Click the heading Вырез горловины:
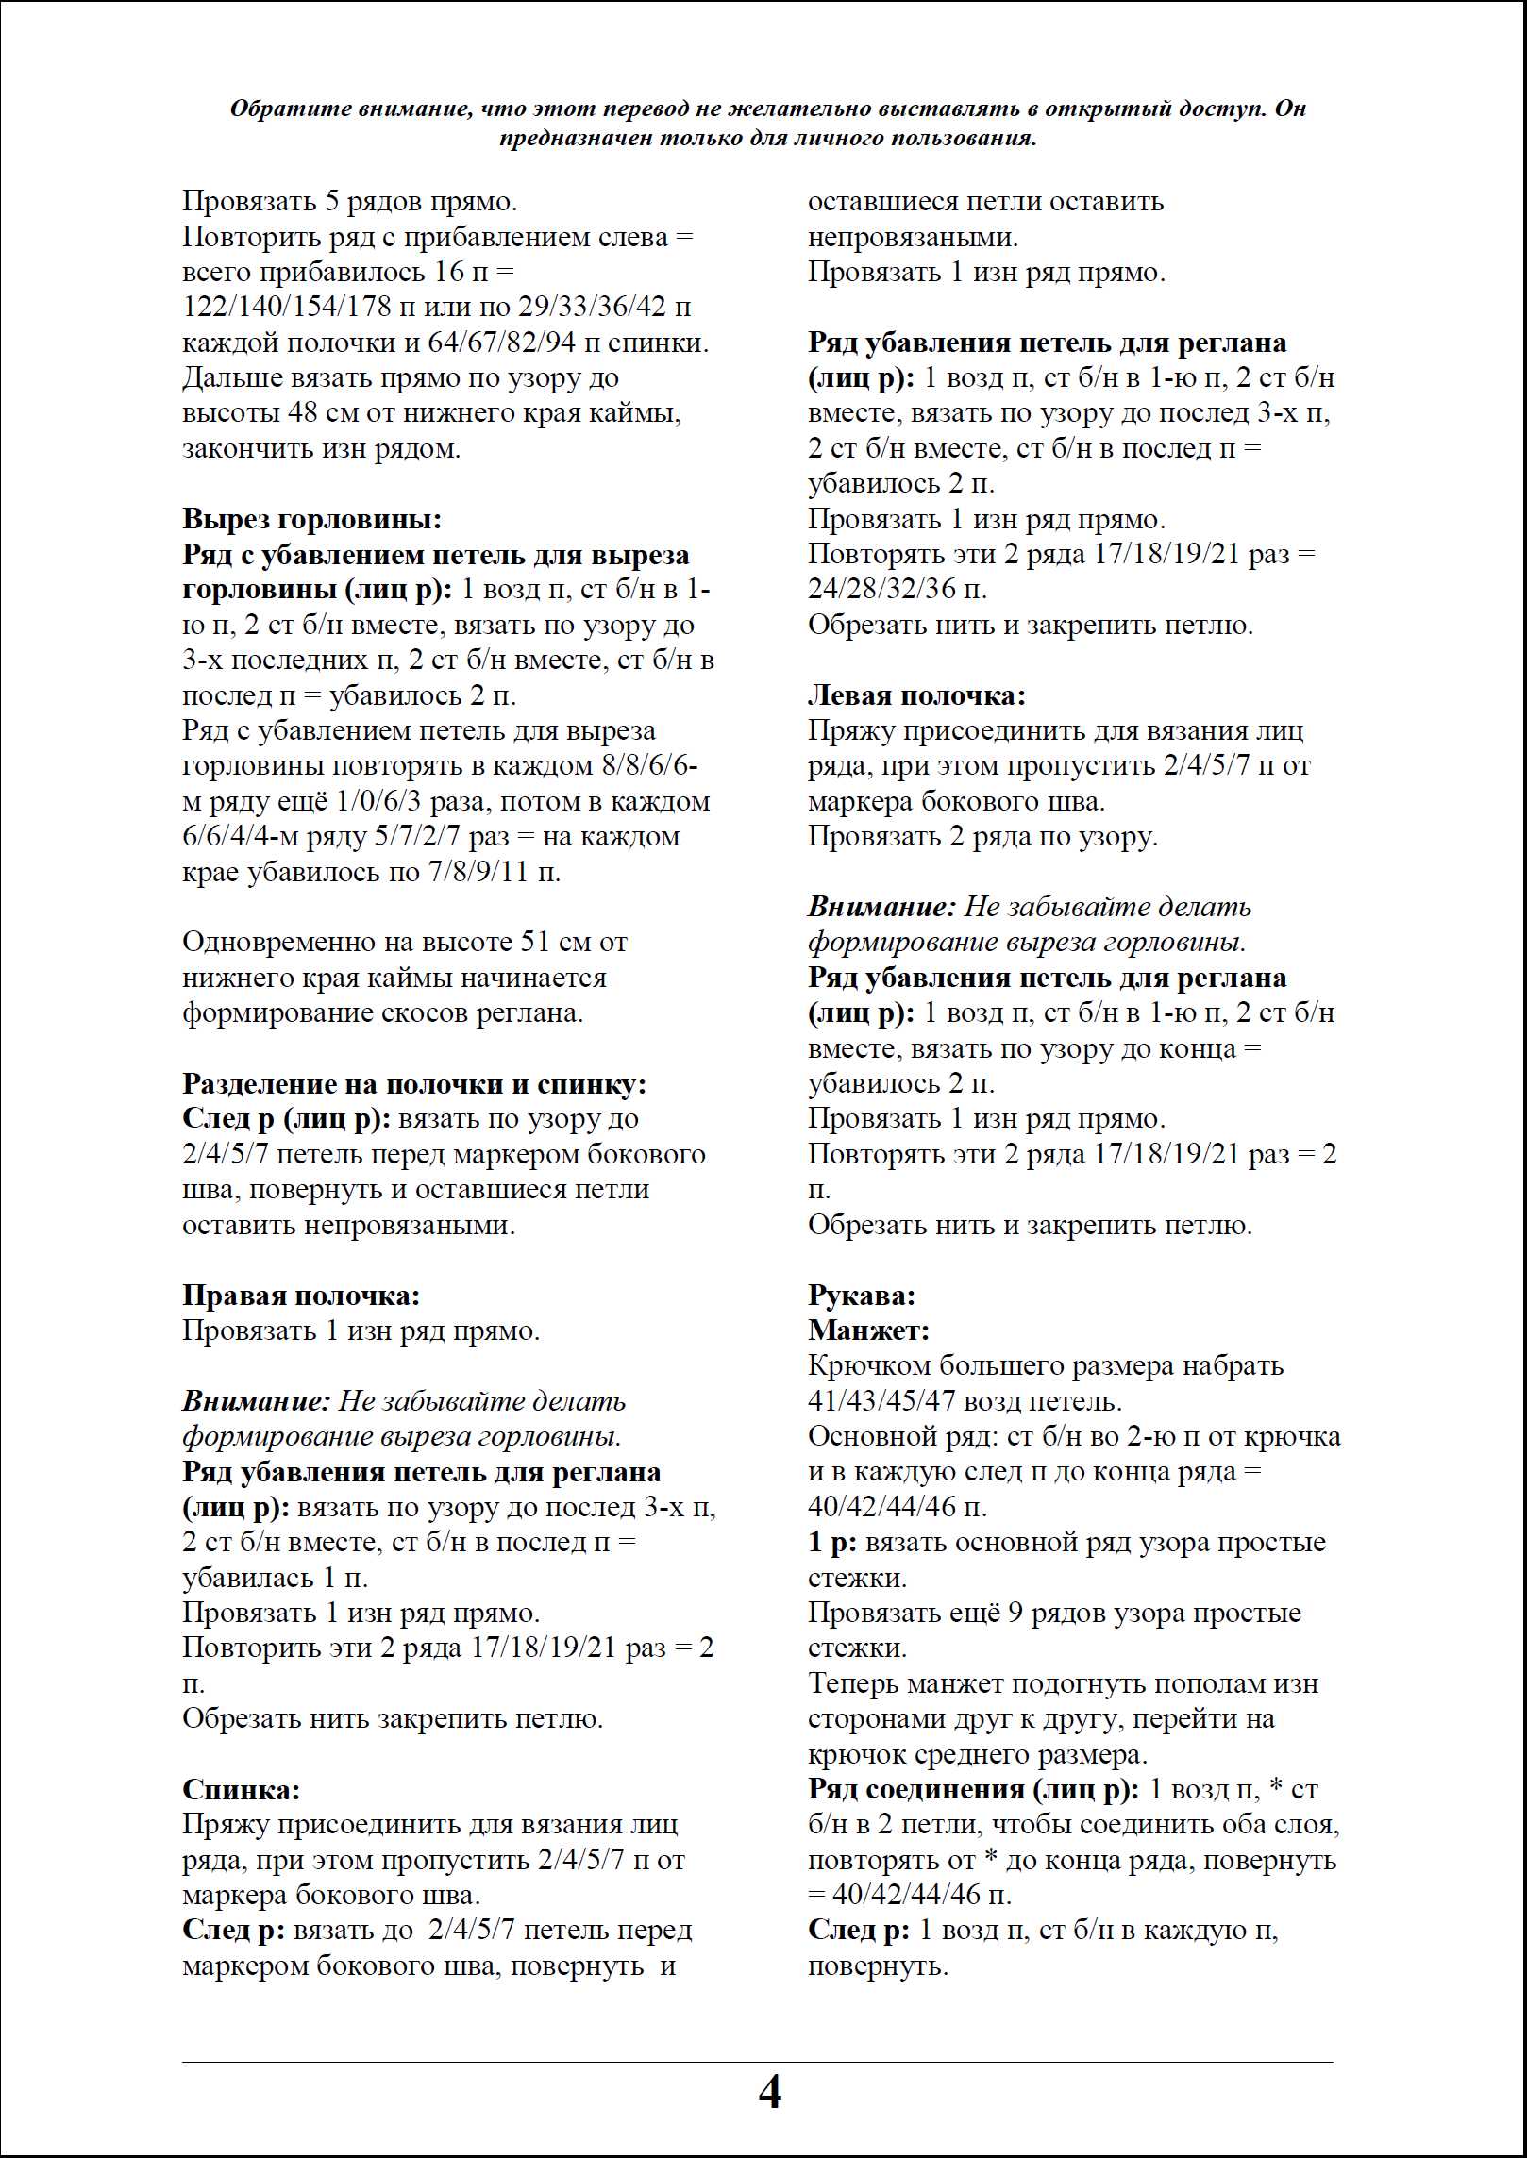tap(311, 519)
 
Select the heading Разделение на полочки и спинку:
tap(414, 1084)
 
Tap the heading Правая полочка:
tap(301, 1296)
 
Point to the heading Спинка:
tap(241, 1789)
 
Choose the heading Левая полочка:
tap(916, 695)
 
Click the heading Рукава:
tap(862, 1296)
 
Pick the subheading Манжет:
tap(869, 1330)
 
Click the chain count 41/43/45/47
tap(884, 1401)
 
